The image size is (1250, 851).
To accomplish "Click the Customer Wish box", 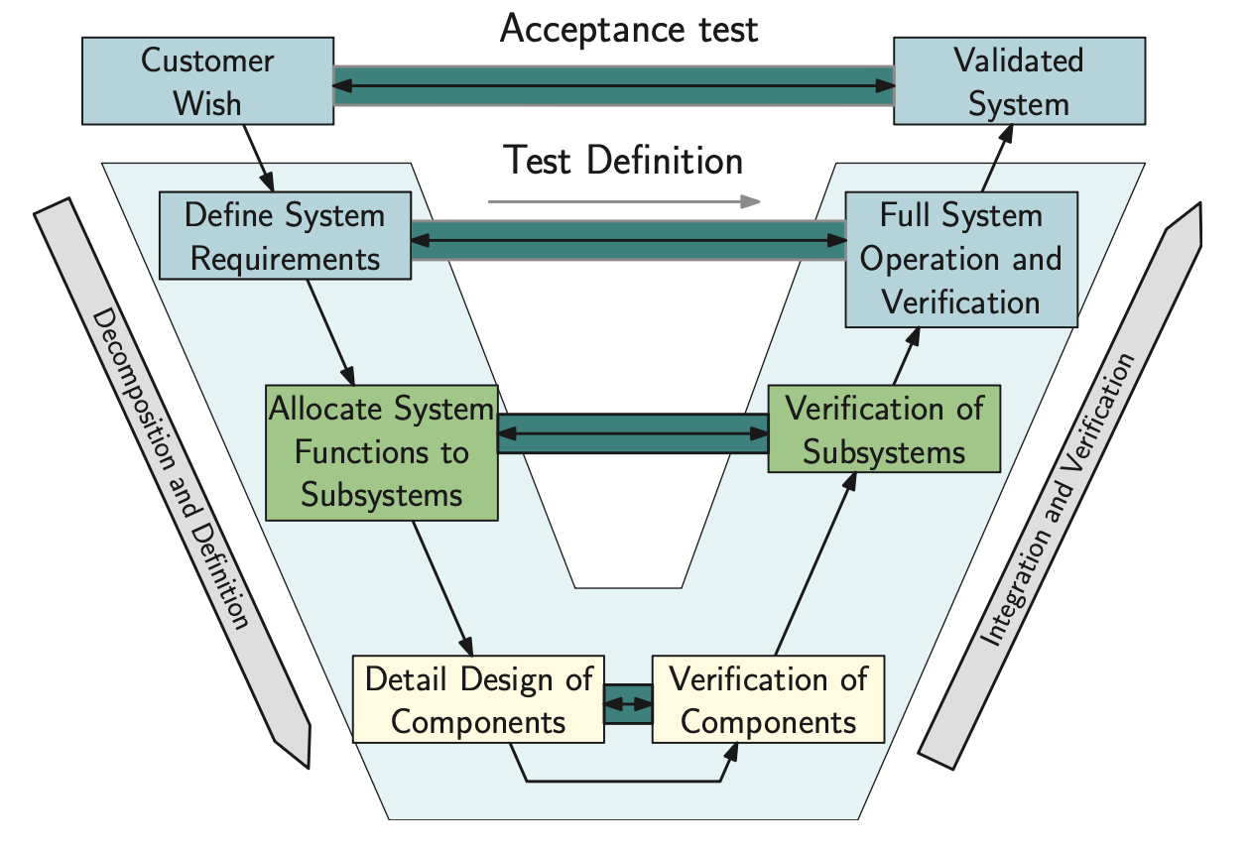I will [x=207, y=80].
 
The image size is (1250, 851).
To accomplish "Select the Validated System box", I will [x=1019, y=80].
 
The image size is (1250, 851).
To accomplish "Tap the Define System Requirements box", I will [x=285, y=236].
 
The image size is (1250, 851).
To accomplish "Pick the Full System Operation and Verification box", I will [x=960, y=259].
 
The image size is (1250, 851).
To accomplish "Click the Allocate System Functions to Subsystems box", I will [x=382, y=452].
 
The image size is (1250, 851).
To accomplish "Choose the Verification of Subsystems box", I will [x=884, y=429].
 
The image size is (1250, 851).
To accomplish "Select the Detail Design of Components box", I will [x=478, y=699].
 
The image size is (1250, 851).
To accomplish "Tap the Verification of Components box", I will [x=768, y=699].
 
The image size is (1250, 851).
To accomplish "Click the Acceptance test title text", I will [x=629, y=29].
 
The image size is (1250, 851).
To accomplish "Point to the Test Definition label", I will [x=624, y=161].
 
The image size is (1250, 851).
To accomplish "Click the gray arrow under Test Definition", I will [x=624, y=201].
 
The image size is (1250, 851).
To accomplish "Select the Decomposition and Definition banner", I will [x=173, y=481].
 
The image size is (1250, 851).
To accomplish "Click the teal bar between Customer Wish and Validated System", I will [x=613, y=86].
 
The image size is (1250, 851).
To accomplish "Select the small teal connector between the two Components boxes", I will [x=628, y=703].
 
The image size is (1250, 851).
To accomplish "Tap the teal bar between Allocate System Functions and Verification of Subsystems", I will [x=633, y=433].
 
